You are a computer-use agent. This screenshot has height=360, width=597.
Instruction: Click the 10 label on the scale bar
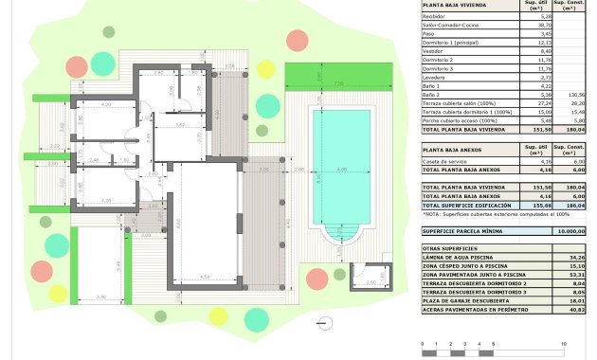pyautogui.click(x=565, y=342)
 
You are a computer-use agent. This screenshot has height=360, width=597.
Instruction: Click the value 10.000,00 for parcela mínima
pyautogui.click(x=570, y=230)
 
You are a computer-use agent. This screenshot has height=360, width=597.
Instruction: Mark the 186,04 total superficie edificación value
pyautogui.click(x=570, y=205)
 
